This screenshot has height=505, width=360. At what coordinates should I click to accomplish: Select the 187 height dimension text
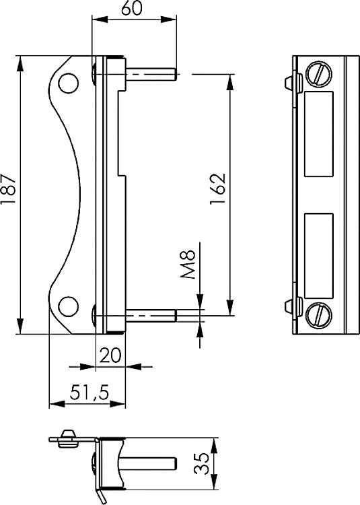[x=9, y=194]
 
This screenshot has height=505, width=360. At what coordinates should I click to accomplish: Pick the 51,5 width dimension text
[x=87, y=391]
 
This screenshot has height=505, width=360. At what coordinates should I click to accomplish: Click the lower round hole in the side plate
[x=67, y=307]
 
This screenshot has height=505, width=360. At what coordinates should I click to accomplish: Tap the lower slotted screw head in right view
[x=318, y=314]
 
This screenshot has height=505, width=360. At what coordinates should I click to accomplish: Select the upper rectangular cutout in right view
[x=318, y=135]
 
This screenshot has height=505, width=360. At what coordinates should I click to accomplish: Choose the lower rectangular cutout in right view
[x=318, y=257]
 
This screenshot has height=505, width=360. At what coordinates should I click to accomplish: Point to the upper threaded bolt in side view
[x=151, y=71]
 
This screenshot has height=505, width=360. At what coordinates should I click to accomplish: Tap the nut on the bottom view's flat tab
[x=66, y=438]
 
